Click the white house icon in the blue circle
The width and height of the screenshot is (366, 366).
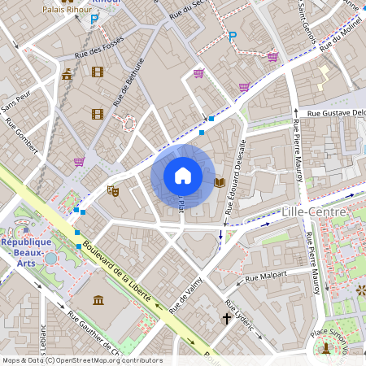[183, 176]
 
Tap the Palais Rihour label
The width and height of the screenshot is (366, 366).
[67, 10]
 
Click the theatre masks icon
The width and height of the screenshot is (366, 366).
[113, 190]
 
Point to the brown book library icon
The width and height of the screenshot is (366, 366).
[219, 182]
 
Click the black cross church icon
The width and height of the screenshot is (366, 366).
[227, 318]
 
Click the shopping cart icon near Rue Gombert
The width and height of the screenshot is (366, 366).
[79, 162]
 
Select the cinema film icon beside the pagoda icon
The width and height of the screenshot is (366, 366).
[98, 72]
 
